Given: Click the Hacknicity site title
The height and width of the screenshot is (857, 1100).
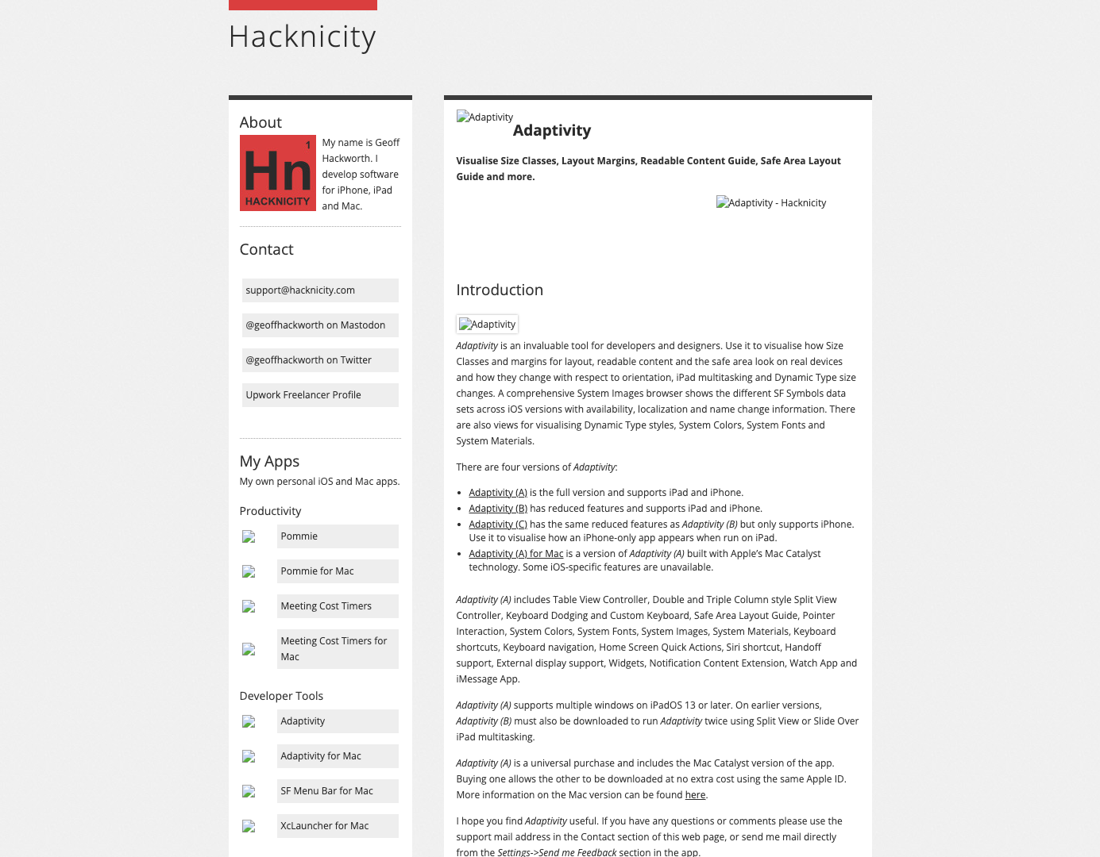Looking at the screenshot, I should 302,37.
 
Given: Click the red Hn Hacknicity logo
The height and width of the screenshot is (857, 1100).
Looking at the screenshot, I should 277,173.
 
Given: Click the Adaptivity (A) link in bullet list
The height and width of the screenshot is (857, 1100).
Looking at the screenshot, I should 498,493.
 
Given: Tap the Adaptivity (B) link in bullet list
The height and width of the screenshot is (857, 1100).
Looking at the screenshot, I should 498,509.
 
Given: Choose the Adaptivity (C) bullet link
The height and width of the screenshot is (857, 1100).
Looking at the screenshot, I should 498,525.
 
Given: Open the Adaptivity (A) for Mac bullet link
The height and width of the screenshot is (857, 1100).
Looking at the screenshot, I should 515,554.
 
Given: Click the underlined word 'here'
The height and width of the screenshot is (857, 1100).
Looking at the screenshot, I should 695,795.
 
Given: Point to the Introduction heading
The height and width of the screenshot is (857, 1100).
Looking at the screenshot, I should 500,290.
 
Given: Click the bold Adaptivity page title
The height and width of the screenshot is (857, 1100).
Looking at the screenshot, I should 551,131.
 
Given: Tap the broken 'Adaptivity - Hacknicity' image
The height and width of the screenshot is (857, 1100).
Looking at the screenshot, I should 771,203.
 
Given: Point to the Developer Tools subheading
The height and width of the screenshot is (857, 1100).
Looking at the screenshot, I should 281,696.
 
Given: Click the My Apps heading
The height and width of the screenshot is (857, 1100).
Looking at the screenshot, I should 269,462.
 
